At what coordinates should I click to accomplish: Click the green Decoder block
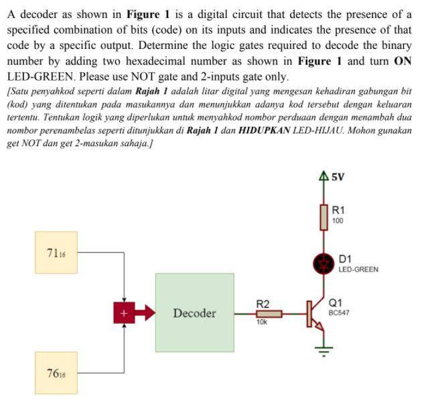(x=194, y=312)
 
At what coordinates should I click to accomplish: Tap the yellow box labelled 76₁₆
(x=56, y=373)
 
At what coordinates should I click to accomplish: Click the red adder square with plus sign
(x=123, y=313)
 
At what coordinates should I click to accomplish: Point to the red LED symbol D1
(x=325, y=264)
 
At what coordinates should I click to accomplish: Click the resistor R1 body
(x=325, y=217)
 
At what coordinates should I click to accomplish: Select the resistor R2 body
(x=269, y=313)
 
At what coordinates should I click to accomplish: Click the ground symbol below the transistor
(x=325, y=348)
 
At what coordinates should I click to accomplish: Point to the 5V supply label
(x=338, y=177)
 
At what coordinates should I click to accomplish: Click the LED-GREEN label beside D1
(x=358, y=270)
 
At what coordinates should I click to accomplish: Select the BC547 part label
(x=339, y=312)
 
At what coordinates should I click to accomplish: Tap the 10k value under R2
(x=261, y=322)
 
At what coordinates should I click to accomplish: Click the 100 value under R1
(x=338, y=221)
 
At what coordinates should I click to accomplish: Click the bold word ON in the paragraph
(x=403, y=61)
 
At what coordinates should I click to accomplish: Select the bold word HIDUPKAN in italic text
(x=264, y=130)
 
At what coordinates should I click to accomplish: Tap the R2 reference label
(x=263, y=304)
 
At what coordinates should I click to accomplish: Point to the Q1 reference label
(x=335, y=303)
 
